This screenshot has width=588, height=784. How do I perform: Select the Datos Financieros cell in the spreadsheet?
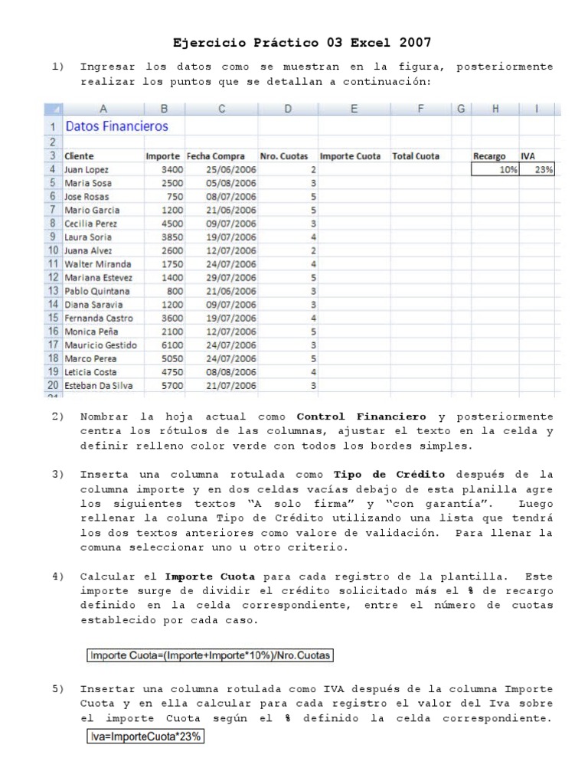[x=117, y=126]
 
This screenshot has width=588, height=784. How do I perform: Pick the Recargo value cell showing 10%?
[x=495, y=170]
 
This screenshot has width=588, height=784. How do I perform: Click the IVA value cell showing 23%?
[x=538, y=170]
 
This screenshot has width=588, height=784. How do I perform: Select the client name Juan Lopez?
[x=87, y=170]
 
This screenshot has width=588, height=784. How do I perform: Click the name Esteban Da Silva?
[x=98, y=386]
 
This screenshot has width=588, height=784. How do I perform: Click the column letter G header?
[x=461, y=109]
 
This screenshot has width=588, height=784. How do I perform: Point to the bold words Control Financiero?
[x=361, y=417]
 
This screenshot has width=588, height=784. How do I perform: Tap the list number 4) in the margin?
[x=58, y=576]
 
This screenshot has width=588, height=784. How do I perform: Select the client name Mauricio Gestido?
[x=100, y=345]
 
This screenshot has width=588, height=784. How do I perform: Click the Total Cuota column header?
[x=416, y=156]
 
